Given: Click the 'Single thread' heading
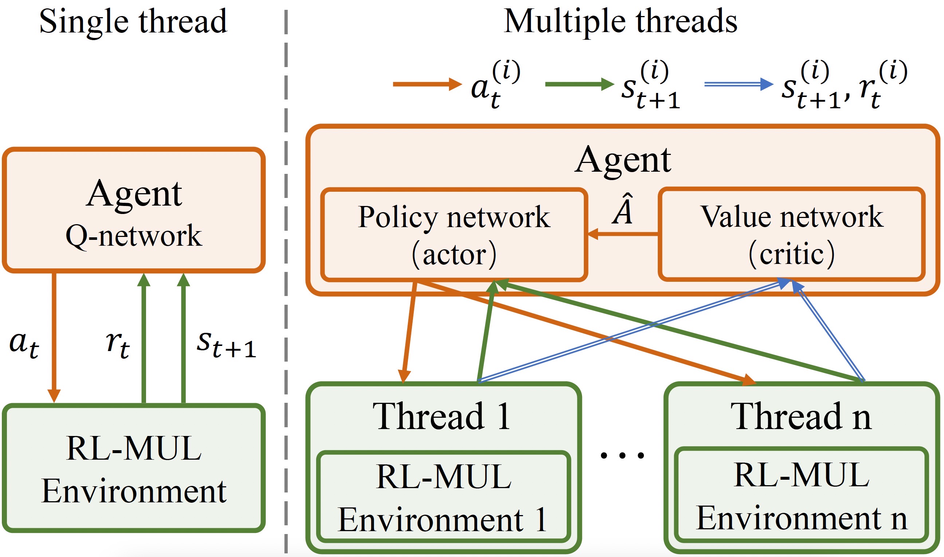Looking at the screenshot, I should point(133,22).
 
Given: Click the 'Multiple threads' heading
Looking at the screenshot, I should point(620,22).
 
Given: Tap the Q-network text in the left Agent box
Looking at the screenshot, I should point(134,236).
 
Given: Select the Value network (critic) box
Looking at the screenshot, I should point(791,235).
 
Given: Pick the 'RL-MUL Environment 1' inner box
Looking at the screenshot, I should point(443,498).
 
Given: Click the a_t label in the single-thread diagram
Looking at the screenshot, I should point(24,344).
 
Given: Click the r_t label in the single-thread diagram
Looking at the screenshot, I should point(117,344).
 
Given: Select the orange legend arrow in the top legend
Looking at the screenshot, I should point(426,84).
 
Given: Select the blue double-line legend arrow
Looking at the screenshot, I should point(738,84).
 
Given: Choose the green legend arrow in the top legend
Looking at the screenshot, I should point(579,84).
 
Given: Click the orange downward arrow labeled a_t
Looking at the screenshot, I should point(54,338).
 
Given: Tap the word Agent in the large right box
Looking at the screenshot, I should point(623,160).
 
